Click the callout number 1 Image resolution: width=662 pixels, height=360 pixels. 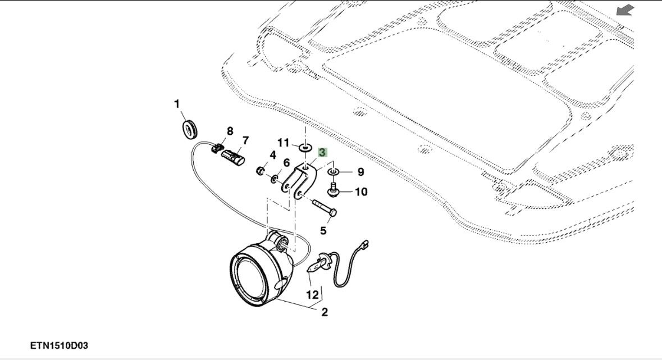point(177,104)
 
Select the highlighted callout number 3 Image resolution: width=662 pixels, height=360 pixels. point(322,152)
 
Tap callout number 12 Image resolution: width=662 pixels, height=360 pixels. point(312,294)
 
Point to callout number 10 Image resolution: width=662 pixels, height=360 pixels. point(360,192)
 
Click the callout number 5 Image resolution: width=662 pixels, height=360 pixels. point(324,230)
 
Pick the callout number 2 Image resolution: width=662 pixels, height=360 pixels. point(324,312)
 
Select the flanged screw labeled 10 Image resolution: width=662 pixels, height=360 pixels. point(332,192)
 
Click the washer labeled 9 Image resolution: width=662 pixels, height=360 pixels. point(333,171)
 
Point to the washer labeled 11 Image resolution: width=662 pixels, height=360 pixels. point(305,148)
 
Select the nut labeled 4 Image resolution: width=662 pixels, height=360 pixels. point(261,170)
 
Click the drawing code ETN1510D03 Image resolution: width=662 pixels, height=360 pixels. point(60,344)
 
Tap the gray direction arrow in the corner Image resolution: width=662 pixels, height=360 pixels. point(624,10)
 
